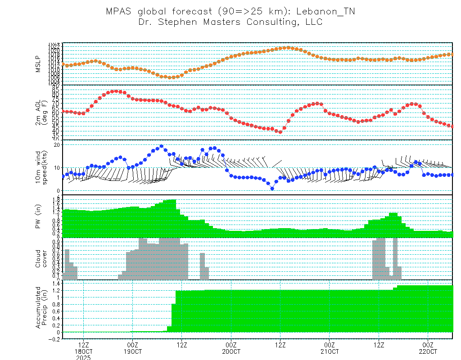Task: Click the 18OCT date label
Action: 84,351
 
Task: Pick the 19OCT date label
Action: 133,351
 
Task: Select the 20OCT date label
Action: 231,351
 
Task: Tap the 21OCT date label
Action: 330,351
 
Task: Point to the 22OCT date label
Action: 428,351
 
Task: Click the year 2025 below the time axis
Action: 84,357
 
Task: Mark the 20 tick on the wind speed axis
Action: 57,144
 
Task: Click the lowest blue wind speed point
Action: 272,189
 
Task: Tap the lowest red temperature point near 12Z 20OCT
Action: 280,132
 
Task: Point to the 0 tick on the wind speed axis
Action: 59,191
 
